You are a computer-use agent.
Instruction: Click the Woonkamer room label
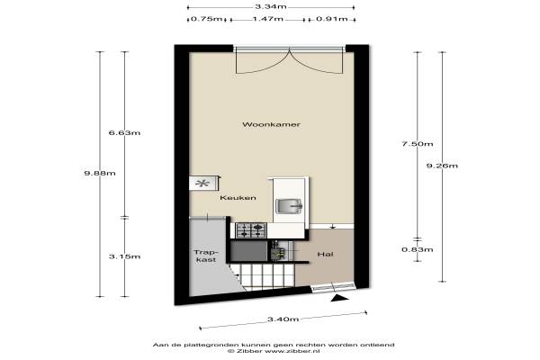[x=271, y=124]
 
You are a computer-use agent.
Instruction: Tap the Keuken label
[x=238, y=198]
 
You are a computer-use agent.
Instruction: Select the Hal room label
[x=325, y=254]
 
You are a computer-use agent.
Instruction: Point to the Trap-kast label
[x=206, y=256]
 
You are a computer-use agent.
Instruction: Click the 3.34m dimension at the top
[x=271, y=7]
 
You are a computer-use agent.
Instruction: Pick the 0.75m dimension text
[x=207, y=19]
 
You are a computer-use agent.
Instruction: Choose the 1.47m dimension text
[x=268, y=19]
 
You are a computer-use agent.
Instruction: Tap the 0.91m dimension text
[x=332, y=19]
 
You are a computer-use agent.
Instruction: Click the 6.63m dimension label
[x=124, y=132]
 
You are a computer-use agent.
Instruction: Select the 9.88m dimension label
[x=100, y=173]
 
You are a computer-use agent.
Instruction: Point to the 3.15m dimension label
[x=124, y=256]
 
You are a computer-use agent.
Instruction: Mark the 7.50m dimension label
[x=418, y=144]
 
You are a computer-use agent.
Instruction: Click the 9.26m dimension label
[x=442, y=166]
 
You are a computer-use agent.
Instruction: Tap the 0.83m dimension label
[x=418, y=249]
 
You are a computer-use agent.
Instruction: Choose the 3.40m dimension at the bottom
[x=283, y=319]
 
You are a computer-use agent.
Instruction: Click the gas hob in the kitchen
[x=251, y=230]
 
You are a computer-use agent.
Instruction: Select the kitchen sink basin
[x=289, y=206]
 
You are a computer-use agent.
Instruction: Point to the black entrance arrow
[x=340, y=299]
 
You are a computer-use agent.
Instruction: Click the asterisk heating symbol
[x=202, y=184]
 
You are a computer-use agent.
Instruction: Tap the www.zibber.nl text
[x=292, y=351]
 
